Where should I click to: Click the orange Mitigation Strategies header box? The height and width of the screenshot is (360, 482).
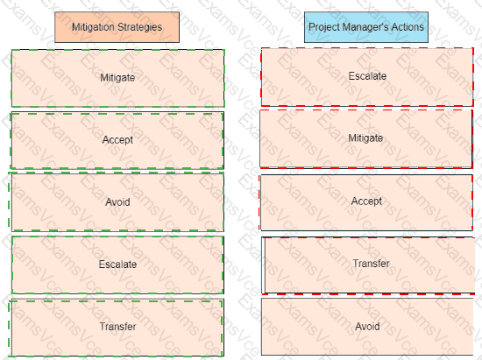(x=117, y=27)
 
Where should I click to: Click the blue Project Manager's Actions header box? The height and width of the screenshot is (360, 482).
(x=366, y=27)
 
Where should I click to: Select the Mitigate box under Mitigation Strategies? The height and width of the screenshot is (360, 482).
(x=117, y=78)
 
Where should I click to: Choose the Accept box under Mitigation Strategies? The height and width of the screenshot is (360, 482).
(x=117, y=141)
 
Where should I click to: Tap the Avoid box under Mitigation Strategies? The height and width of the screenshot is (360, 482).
(x=117, y=201)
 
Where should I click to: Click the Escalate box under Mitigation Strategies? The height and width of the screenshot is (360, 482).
(x=117, y=265)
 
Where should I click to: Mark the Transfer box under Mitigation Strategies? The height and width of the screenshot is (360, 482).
(x=116, y=328)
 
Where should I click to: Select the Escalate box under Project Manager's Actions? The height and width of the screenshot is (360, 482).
(x=367, y=77)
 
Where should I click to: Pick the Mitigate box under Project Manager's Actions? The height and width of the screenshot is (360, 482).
(x=366, y=139)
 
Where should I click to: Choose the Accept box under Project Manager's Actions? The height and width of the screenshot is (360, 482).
(x=365, y=202)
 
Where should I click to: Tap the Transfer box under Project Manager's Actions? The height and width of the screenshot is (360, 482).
(x=368, y=265)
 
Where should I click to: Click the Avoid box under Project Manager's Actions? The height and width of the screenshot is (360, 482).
(x=367, y=327)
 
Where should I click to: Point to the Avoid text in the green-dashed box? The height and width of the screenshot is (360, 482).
(x=117, y=202)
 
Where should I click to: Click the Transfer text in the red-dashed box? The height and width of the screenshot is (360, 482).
(x=371, y=264)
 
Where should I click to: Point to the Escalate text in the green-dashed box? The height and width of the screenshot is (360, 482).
(x=117, y=265)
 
